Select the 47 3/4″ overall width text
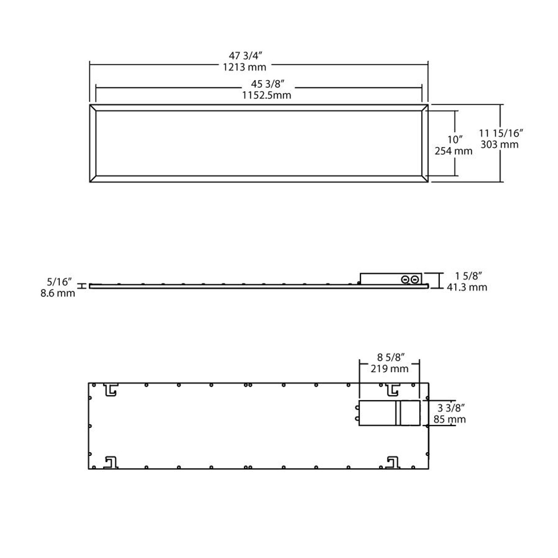(x=245, y=55)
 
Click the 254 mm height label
(x=453, y=151)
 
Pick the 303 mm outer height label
(x=500, y=144)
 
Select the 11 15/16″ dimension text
(x=500, y=133)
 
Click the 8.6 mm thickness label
(x=58, y=293)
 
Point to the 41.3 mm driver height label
(x=467, y=287)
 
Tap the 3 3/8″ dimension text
(x=450, y=408)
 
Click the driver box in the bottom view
(x=389, y=413)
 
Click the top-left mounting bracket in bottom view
(x=111, y=390)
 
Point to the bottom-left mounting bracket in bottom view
(x=111, y=462)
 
